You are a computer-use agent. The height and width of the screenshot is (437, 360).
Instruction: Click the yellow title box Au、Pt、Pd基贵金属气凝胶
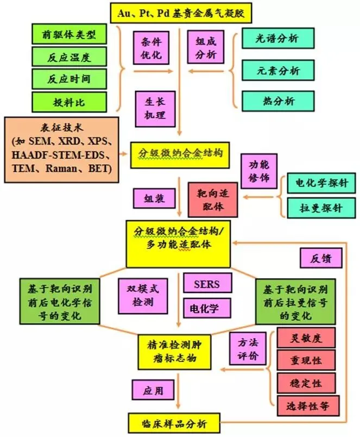[179, 12]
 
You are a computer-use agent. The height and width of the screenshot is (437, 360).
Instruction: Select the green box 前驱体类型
[68, 35]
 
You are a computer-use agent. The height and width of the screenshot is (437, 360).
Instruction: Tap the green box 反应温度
[68, 57]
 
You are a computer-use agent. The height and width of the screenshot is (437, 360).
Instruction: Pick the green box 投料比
[68, 102]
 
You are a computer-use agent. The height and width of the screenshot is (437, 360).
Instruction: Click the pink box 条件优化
[150, 47]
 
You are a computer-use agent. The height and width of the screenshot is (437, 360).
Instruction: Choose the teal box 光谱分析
[278, 38]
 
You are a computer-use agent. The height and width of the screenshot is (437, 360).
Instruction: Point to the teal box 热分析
[278, 101]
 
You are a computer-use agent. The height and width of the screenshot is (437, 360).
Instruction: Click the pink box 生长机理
[150, 108]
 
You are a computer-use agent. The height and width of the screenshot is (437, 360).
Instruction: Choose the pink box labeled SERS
[207, 283]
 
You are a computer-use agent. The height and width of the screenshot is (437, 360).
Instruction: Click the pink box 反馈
[321, 257]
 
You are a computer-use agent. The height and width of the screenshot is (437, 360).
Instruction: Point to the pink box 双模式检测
[143, 295]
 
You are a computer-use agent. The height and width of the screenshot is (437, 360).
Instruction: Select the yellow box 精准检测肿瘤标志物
[172, 351]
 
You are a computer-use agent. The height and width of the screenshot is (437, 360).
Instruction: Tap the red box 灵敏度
[306, 338]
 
